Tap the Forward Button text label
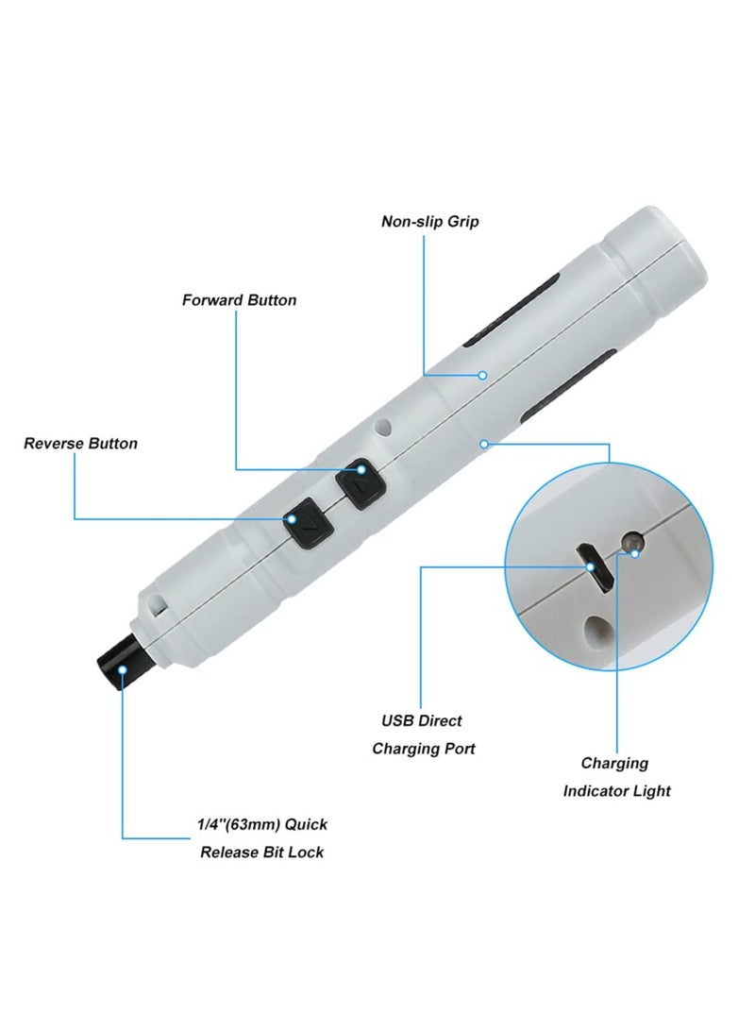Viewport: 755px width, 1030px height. click(x=239, y=300)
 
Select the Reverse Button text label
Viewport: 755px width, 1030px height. click(x=80, y=443)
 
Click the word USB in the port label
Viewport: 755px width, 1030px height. click(x=396, y=720)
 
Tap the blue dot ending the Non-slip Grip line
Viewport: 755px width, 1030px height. click(x=481, y=375)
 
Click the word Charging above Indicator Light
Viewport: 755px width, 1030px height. click(x=614, y=763)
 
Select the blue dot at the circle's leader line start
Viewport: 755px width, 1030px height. click(x=483, y=442)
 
